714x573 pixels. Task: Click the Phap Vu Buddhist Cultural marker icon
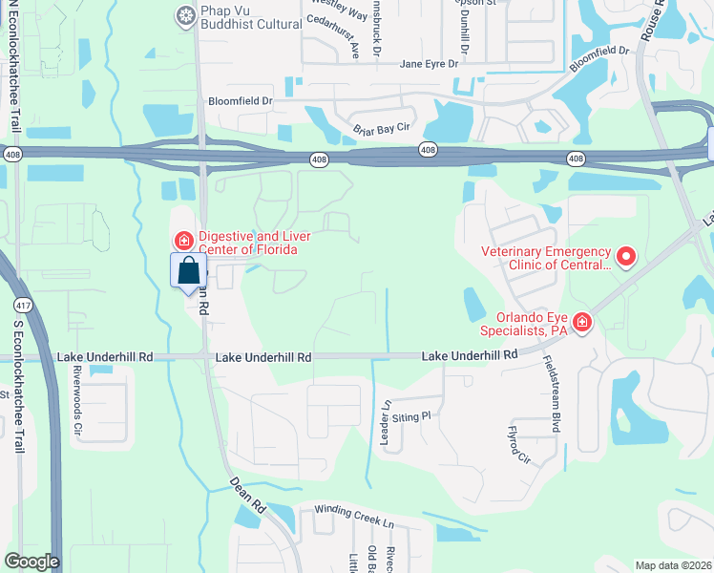tap(185, 14)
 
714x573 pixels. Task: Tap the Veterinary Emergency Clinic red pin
tap(626, 255)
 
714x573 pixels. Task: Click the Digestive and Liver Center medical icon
tap(182, 240)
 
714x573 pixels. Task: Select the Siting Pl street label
tap(412, 416)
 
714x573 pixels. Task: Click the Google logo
tap(31, 562)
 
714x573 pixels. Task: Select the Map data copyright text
tap(672, 565)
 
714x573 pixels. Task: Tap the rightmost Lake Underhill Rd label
tap(469, 354)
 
